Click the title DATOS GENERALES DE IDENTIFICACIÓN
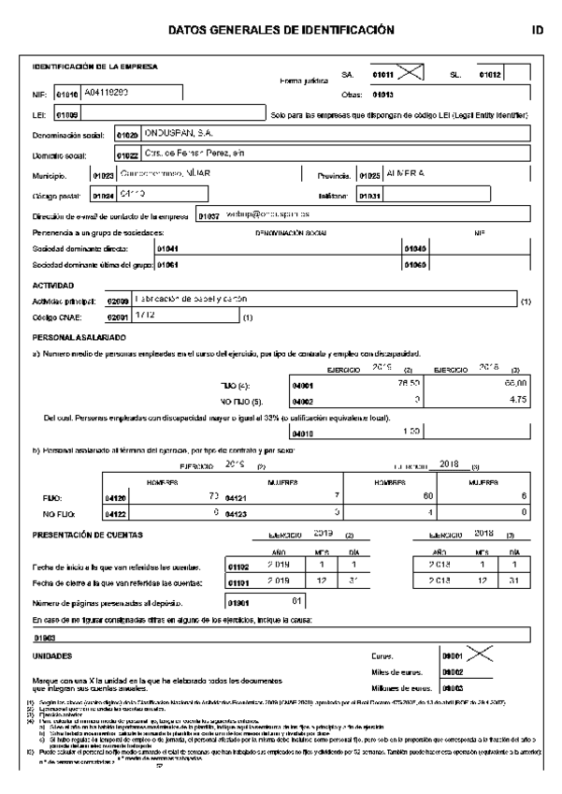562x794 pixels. point(281,30)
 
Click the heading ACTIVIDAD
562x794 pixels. point(53,285)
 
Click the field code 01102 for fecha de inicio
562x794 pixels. point(238,567)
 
